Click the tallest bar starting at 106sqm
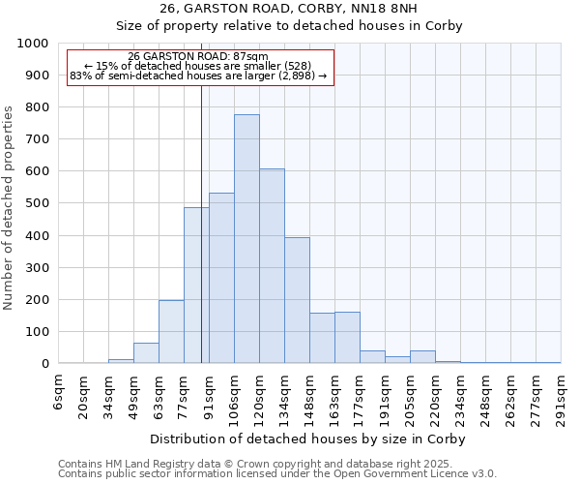246,239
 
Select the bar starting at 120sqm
272,266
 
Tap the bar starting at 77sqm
196,286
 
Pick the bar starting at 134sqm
297,300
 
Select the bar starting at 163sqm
347,338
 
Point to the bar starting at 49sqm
146,353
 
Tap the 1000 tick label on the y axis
32,44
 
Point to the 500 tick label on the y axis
37,203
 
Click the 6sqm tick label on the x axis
59,389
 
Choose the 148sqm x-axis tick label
310,394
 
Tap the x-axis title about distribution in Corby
309,439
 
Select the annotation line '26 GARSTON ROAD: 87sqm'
198,57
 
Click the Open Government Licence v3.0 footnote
277,474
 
